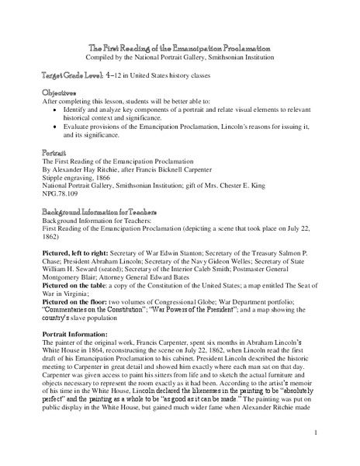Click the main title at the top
[179, 48]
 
